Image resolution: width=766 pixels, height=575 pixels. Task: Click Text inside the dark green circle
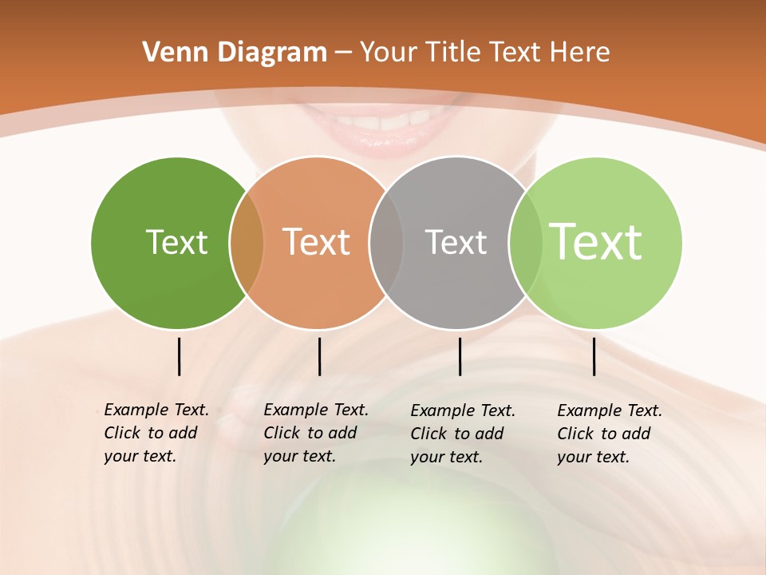pyautogui.click(x=176, y=242)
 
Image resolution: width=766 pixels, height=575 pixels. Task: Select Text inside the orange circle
pyautogui.click(x=317, y=242)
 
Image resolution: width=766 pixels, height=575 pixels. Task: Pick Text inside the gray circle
pyautogui.click(x=456, y=242)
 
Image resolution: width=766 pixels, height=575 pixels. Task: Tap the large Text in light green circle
pyautogui.click(x=596, y=241)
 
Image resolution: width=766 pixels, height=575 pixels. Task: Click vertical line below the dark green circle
pyautogui.click(x=179, y=356)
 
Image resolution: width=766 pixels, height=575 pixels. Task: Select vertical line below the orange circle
pyautogui.click(x=319, y=356)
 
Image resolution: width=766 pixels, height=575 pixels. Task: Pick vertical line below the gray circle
pyautogui.click(x=460, y=356)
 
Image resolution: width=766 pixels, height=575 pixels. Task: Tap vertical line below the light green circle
pyautogui.click(x=594, y=356)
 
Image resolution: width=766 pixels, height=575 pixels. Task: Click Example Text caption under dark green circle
pyautogui.click(x=156, y=433)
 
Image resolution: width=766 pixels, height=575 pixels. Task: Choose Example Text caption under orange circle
pyautogui.click(x=316, y=433)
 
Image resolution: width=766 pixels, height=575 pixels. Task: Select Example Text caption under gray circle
pyautogui.click(x=463, y=434)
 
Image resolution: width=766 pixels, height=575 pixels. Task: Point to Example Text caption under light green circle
pyautogui.click(x=610, y=434)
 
